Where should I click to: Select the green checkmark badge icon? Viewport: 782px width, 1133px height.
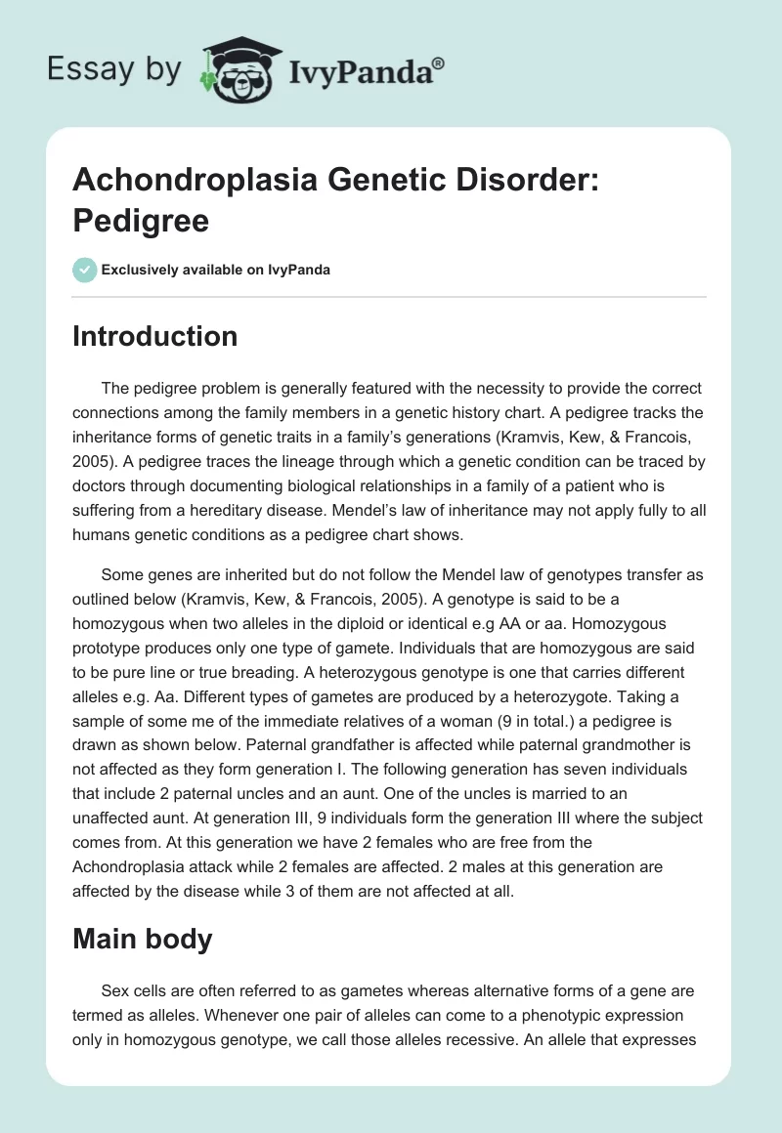pos(84,270)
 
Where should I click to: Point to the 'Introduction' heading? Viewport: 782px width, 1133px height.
pos(155,336)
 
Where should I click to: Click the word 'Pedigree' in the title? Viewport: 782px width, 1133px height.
pos(141,221)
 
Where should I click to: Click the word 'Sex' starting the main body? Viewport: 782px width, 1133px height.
pos(113,989)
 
